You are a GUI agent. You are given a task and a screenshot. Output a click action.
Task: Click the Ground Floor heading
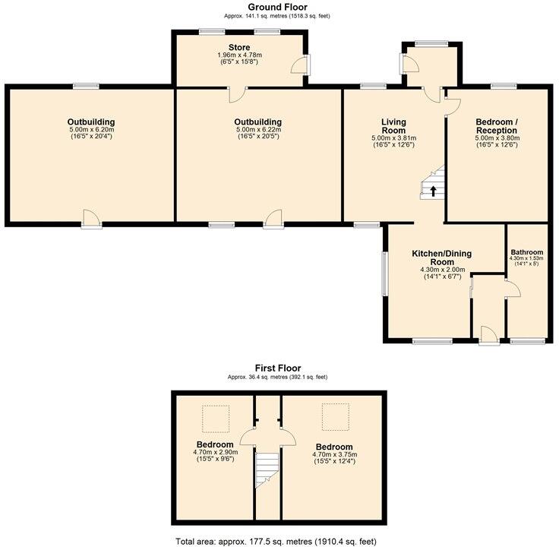(x=277, y=7)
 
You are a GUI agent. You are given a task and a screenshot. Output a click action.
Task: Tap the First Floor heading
(x=277, y=368)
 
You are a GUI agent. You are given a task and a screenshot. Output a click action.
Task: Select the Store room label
(x=239, y=48)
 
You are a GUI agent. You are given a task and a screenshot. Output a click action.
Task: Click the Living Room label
(x=393, y=126)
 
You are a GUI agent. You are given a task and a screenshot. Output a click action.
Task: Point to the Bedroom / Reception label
(x=496, y=126)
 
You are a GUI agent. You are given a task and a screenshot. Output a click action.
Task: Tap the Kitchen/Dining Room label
(x=443, y=257)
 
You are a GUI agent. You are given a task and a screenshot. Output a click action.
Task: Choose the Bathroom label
(x=526, y=252)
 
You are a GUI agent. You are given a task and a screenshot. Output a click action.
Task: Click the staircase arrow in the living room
(x=434, y=191)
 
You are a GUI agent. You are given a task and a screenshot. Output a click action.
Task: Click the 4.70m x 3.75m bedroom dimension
(x=334, y=455)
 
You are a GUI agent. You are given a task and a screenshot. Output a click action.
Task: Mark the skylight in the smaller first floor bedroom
(x=215, y=417)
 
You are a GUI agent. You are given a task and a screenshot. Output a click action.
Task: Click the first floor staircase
(x=266, y=470)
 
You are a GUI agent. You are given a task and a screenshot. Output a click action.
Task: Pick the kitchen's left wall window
(x=384, y=274)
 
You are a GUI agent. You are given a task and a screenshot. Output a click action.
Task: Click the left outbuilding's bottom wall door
(x=91, y=219)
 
